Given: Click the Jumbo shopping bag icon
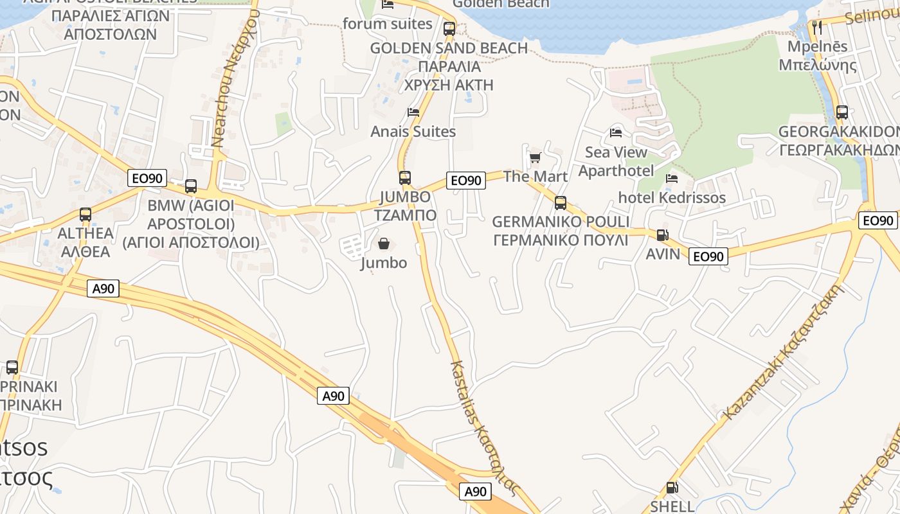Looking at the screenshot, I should click(x=384, y=244).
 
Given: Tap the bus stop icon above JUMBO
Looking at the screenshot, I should click(x=404, y=177).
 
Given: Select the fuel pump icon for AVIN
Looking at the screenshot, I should click(x=662, y=235).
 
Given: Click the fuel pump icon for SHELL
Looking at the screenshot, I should click(x=672, y=488).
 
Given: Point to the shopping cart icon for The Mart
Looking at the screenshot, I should click(x=535, y=157).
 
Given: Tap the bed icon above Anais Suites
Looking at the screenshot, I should click(x=413, y=112).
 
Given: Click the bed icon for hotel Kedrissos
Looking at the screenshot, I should click(x=672, y=178).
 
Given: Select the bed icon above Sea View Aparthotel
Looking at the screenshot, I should click(x=616, y=133).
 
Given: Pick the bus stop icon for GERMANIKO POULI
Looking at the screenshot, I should click(x=561, y=203).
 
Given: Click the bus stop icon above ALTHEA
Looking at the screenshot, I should click(x=85, y=215).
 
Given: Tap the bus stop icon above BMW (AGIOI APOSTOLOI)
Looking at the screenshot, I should click(x=191, y=186).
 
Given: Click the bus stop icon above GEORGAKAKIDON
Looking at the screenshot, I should click(x=842, y=112).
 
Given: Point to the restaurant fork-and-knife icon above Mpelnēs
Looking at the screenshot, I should click(x=817, y=27).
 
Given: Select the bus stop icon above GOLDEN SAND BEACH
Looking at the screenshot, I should click(x=449, y=28).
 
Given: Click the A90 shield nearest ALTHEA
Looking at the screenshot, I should click(x=103, y=288).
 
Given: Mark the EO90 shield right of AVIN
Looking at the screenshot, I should click(x=708, y=256).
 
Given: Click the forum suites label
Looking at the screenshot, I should click(x=388, y=24).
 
